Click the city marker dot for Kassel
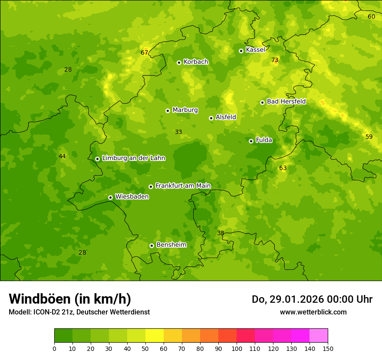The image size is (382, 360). pyautogui.click(x=241, y=51)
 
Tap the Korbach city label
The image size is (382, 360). pyautogui.click(x=196, y=62)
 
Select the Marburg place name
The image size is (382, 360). pyautogui.click(x=185, y=110)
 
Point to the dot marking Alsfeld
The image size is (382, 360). pyautogui.click(x=211, y=118)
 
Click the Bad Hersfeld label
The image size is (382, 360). pyautogui.click(x=286, y=101)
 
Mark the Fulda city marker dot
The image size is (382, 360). pyautogui.click(x=251, y=141)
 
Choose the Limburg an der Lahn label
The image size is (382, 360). pyautogui.click(x=134, y=158)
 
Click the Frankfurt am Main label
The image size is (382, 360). pyautogui.click(x=183, y=186)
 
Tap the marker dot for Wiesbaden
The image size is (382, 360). pyautogui.click(x=110, y=197)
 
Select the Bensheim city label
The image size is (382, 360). pyautogui.click(x=171, y=245)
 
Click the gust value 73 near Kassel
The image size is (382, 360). pyautogui.click(x=274, y=60)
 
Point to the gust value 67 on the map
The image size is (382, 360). pyautogui.click(x=145, y=53)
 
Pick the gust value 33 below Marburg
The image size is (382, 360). pyautogui.click(x=178, y=132)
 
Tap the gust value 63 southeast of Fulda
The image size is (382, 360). pyautogui.click(x=283, y=168)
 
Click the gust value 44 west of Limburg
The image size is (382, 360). pyautogui.click(x=62, y=156)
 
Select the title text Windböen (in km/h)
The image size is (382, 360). pyautogui.click(x=70, y=299)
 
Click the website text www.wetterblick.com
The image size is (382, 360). pyautogui.click(x=313, y=312)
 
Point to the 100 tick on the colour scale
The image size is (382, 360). pyautogui.click(x=237, y=348)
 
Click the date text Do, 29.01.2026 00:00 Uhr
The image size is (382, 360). pyautogui.click(x=312, y=299)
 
